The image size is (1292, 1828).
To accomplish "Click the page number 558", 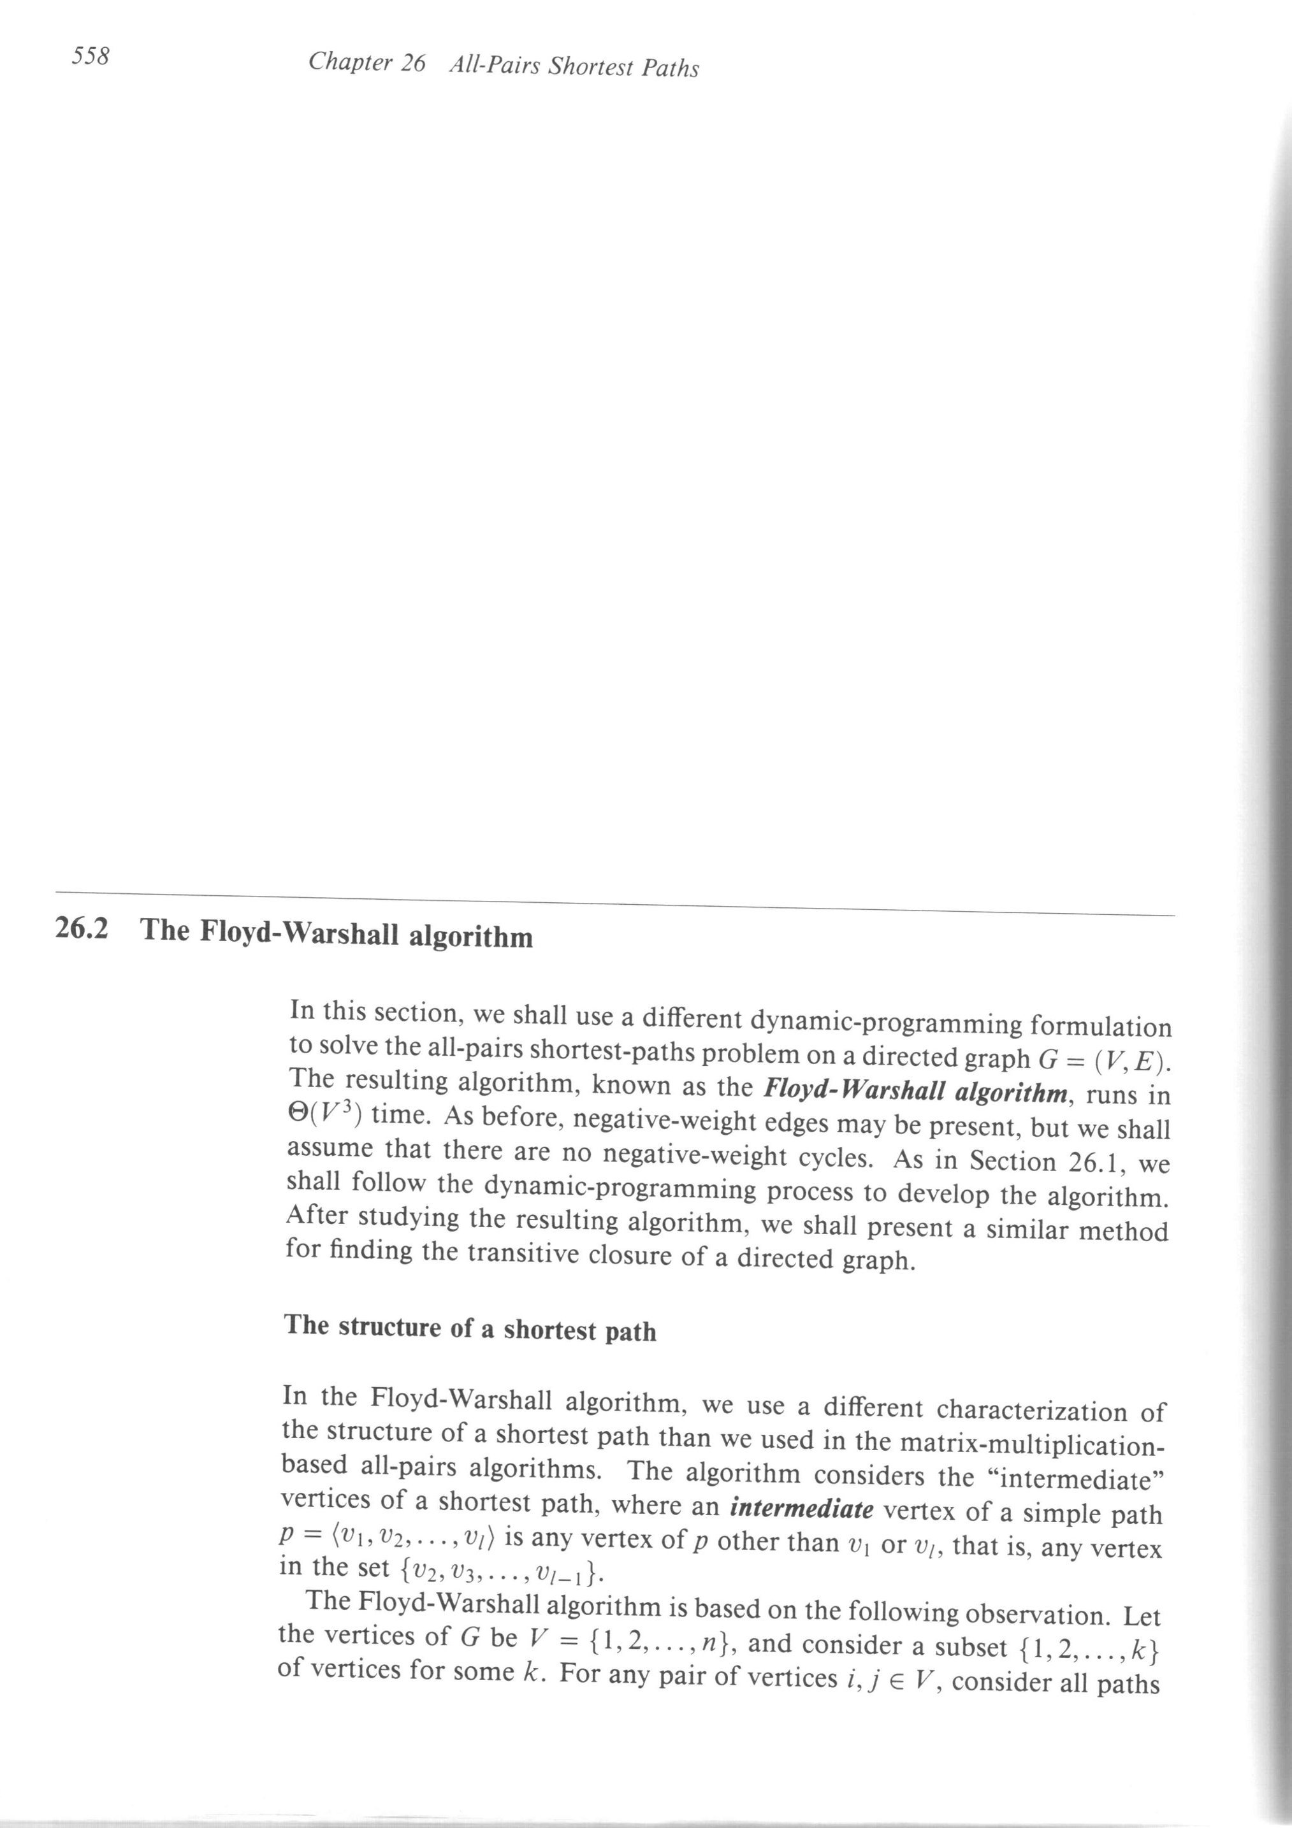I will pyautogui.click(x=90, y=57).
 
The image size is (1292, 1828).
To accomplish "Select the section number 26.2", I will pyautogui.click(x=82, y=929).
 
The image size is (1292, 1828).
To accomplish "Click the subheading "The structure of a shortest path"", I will pyautogui.click(x=470, y=1328).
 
